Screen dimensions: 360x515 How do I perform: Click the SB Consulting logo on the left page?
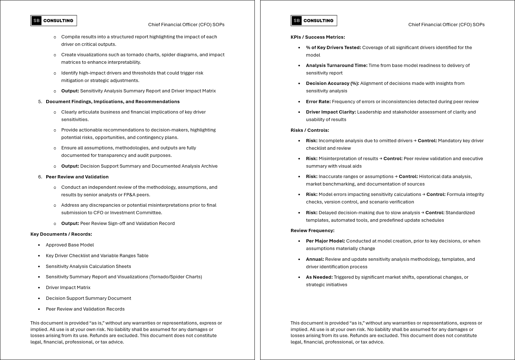click(54, 21)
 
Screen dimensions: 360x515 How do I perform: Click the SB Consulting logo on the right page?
click(314, 21)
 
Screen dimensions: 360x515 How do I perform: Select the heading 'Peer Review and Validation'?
click(77, 177)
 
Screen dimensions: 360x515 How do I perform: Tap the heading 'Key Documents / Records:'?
click(61, 234)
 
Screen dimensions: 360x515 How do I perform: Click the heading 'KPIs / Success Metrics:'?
click(318, 37)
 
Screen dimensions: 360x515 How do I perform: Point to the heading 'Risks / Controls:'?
click(310, 130)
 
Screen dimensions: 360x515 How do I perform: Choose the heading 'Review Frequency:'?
click(312, 230)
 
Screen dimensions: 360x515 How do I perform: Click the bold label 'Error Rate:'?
click(318, 101)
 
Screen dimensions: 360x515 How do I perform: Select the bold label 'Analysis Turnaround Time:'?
click(337, 65)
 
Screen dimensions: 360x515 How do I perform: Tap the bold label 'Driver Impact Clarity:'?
click(331, 112)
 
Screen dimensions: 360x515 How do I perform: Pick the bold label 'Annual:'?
click(315, 259)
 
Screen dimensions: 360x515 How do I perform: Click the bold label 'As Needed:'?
click(319, 277)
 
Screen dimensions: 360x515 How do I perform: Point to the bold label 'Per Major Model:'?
click(325, 241)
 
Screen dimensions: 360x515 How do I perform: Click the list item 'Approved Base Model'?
click(70, 245)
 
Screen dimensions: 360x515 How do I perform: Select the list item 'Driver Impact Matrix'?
click(68, 287)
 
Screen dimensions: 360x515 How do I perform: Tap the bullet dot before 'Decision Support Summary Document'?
click(39, 298)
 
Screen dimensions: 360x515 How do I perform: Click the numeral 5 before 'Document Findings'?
click(40, 101)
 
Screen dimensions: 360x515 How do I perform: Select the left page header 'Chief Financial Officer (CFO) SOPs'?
click(186, 24)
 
